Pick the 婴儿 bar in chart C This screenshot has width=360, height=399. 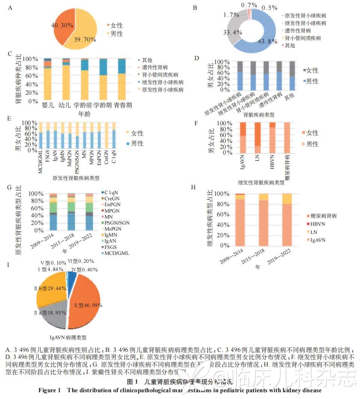point(47,80)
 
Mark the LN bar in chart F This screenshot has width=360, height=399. point(257,138)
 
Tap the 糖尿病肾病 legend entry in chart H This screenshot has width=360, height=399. point(323,216)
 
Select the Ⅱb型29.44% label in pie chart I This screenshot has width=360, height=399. point(51,289)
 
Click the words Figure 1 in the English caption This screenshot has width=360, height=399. point(49,390)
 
